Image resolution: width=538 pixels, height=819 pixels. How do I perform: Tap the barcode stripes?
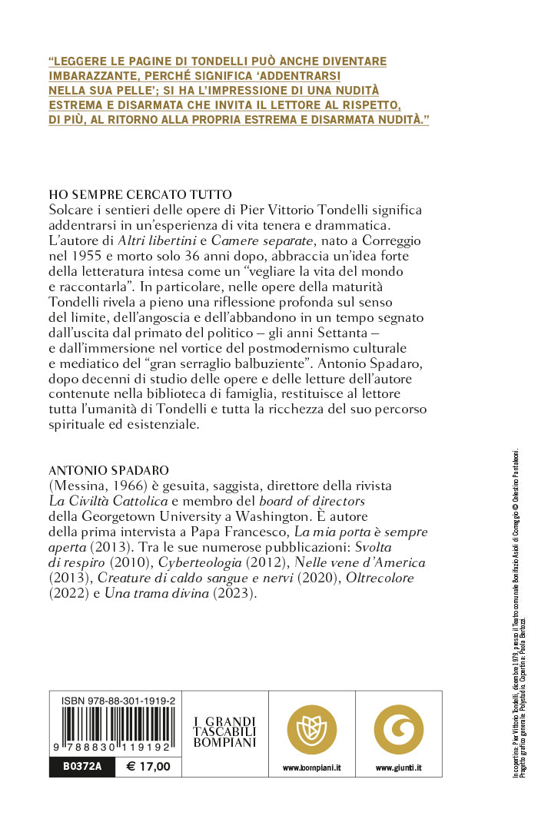(113, 727)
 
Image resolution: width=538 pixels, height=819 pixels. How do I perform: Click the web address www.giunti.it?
(398, 768)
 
